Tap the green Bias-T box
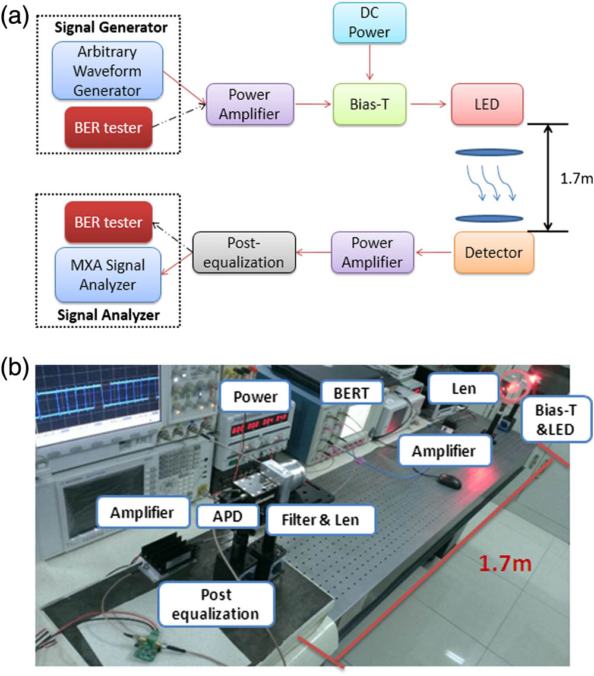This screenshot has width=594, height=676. coord(370,104)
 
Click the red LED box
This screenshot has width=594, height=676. coord(487,104)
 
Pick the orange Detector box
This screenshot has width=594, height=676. coord(494,253)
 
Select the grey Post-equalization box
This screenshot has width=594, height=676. coord(244,252)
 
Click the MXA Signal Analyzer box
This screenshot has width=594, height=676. coord(108,275)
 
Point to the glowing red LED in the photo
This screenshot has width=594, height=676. coord(511,386)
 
